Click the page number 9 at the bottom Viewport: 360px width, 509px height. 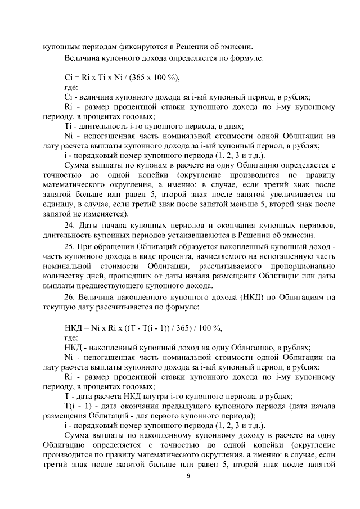188,476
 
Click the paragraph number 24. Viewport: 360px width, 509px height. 71,225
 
